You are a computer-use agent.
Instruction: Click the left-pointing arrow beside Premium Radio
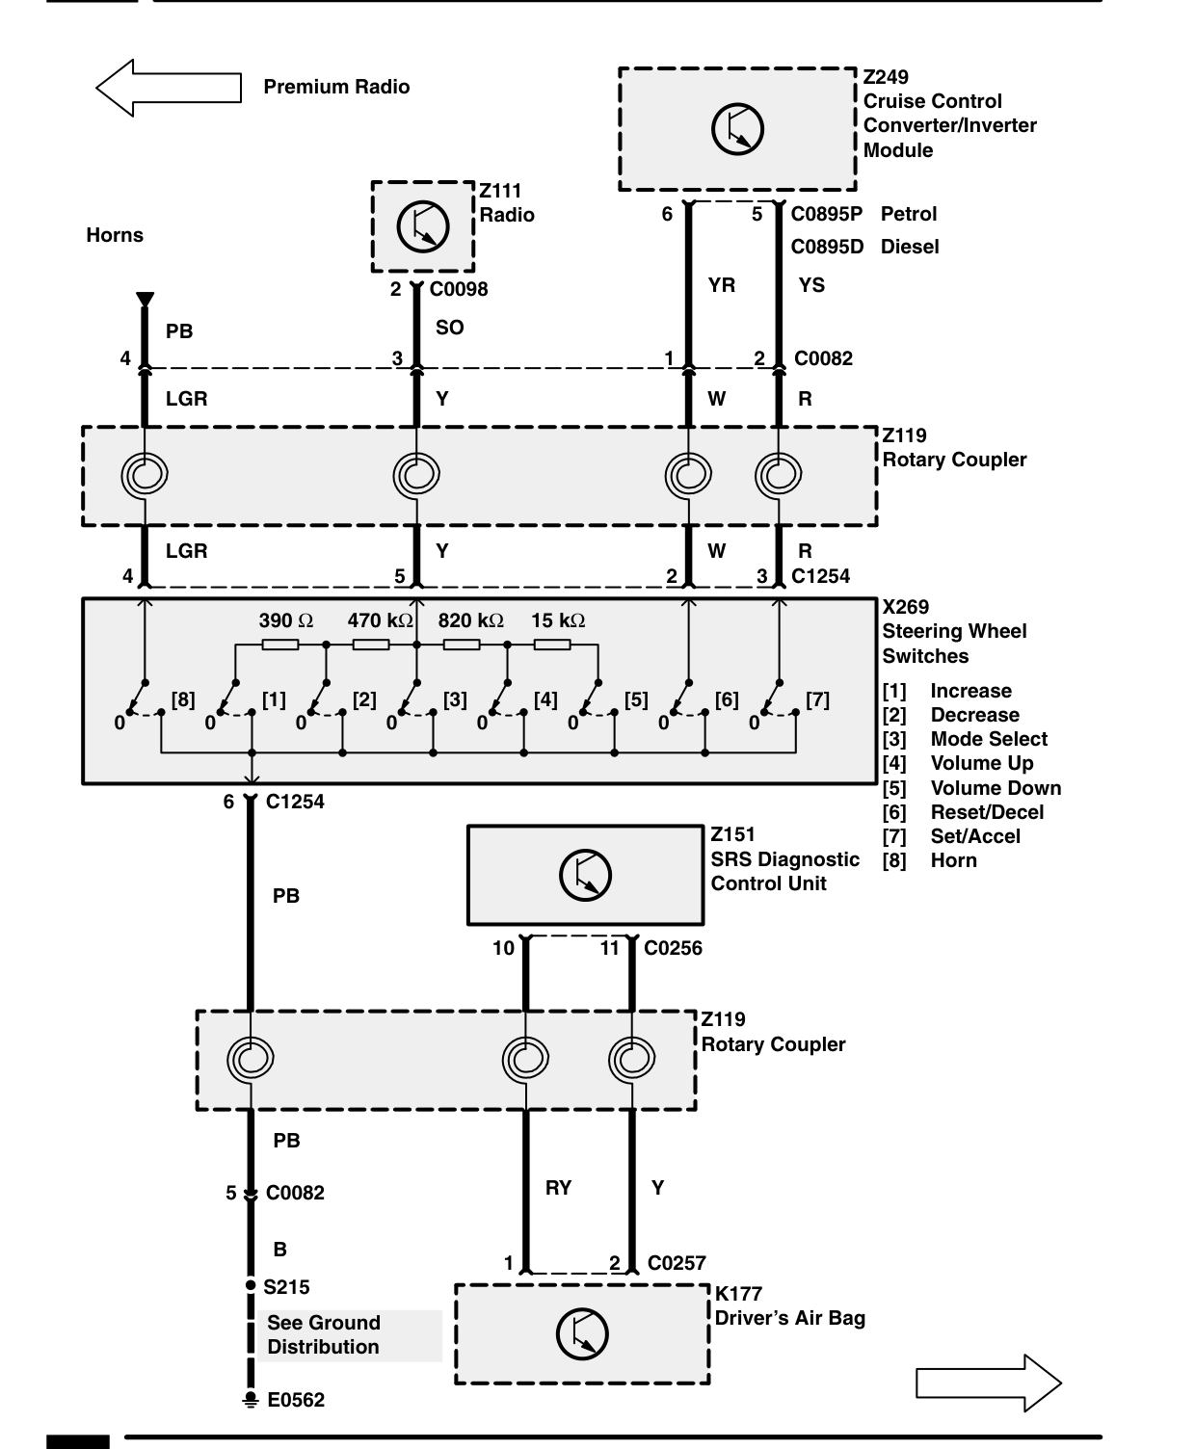(x=168, y=88)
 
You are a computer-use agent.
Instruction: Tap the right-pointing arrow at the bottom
(x=988, y=1383)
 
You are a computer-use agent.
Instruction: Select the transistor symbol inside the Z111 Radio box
(x=423, y=226)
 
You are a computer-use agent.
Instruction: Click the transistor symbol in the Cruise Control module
(x=737, y=129)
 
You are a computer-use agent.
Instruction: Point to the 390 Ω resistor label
(x=286, y=620)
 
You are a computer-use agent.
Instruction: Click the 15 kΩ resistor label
(x=558, y=620)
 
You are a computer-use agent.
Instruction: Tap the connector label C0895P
(x=826, y=214)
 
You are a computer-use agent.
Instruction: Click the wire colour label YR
(x=722, y=285)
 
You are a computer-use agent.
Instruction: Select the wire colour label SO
(x=449, y=328)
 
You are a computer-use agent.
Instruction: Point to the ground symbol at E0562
(x=251, y=1400)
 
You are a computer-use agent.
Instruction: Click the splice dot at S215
(x=251, y=1286)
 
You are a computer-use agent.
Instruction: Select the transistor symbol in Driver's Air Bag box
(x=582, y=1333)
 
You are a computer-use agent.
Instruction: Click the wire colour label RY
(x=558, y=1188)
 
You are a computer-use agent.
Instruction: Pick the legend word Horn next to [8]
(x=953, y=860)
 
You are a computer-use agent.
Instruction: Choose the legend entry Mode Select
(x=989, y=739)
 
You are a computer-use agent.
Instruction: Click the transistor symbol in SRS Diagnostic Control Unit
(x=585, y=875)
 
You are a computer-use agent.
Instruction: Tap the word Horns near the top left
(x=115, y=235)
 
